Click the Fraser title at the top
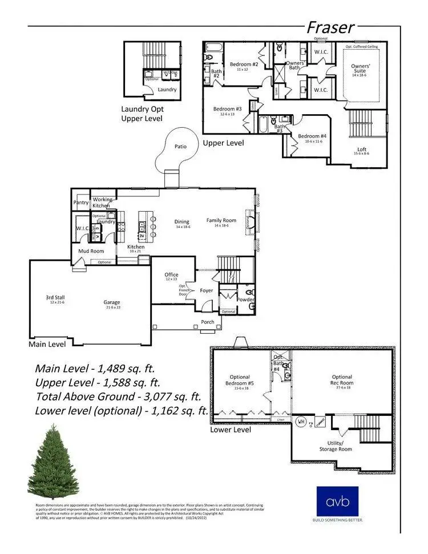tap(330, 27)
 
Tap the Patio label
tap(180, 147)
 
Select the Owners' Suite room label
tap(360, 69)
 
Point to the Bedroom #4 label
tap(312, 137)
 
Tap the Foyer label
tap(206, 290)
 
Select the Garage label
tap(112, 303)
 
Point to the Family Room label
tap(221, 220)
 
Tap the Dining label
tap(182, 221)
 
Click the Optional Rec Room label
tap(342, 380)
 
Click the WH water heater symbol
tap(301, 422)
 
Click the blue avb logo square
tap(337, 501)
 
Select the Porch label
tap(208, 322)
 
